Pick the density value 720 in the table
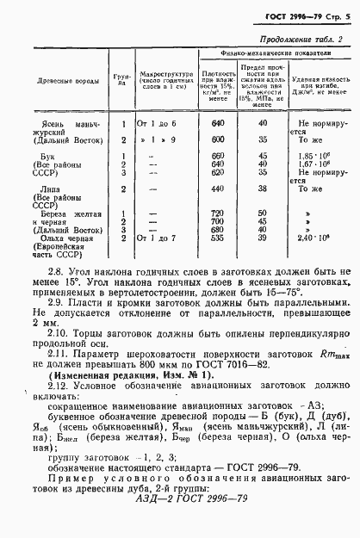(x=217, y=212)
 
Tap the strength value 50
(x=262, y=212)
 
